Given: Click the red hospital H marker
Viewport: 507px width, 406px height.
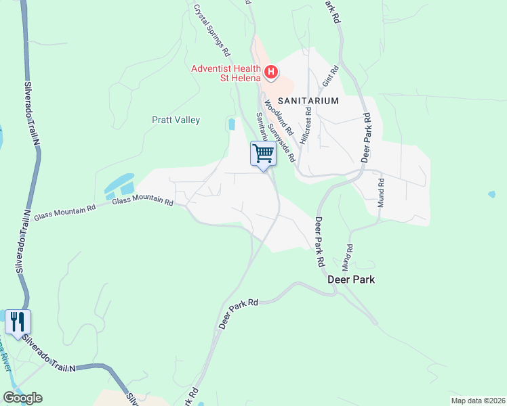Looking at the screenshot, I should coord(270,71).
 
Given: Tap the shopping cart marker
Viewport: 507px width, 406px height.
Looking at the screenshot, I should coord(263,152).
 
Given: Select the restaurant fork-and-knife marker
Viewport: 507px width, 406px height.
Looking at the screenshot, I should coord(18,321).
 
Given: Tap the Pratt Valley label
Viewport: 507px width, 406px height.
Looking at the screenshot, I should coord(176,120).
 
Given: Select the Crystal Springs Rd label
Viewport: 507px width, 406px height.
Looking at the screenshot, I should coord(212,30).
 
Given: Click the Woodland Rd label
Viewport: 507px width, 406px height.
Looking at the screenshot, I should coord(278,116).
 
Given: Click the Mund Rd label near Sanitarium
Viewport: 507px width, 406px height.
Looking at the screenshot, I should coord(381,193).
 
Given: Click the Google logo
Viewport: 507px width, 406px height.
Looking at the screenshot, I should coord(22,398).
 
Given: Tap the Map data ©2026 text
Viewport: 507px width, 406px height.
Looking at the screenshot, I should coord(477,400).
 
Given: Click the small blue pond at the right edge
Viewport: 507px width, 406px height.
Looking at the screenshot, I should coord(491,194).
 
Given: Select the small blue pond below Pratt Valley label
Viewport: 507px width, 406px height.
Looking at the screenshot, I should coord(232,125).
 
